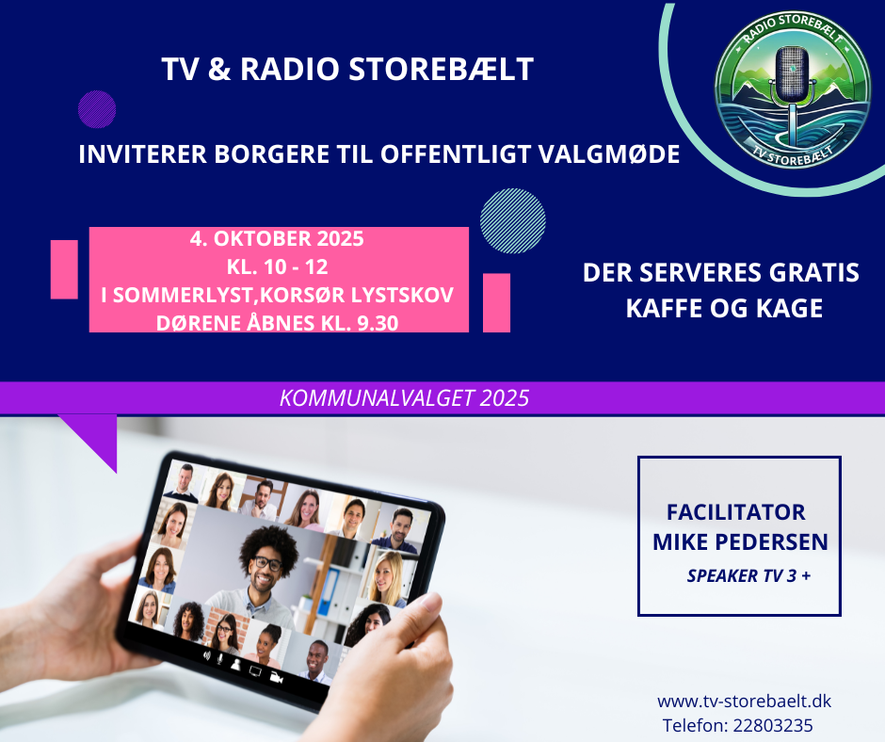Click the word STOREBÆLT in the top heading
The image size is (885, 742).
pyautogui.click(x=441, y=69)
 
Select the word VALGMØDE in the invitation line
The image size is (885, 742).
pyautogui.click(x=609, y=154)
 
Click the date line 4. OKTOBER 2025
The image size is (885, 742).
pyautogui.click(x=277, y=239)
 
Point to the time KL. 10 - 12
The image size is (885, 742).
pyautogui.click(x=277, y=266)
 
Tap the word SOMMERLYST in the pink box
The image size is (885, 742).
pyautogui.click(x=183, y=295)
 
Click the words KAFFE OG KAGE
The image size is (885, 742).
pyautogui.click(x=724, y=308)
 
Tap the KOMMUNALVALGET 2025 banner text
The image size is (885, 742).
pyautogui.click(x=404, y=398)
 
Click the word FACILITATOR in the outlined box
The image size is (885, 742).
pyautogui.click(x=736, y=512)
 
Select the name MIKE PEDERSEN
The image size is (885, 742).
pyautogui.click(x=740, y=542)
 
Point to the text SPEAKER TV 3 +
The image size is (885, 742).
pyautogui.click(x=748, y=575)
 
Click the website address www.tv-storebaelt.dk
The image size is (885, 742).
pyautogui.click(x=744, y=702)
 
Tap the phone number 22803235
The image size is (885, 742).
pyautogui.click(x=773, y=725)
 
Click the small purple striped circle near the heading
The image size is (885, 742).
pyautogui.click(x=97, y=109)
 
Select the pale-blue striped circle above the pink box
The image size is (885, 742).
pyautogui.click(x=512, y=220)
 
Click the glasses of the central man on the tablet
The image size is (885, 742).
pyautogui.click(x=267, y=563)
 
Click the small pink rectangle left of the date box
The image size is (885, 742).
pyautogui.click(x=64, y=269)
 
